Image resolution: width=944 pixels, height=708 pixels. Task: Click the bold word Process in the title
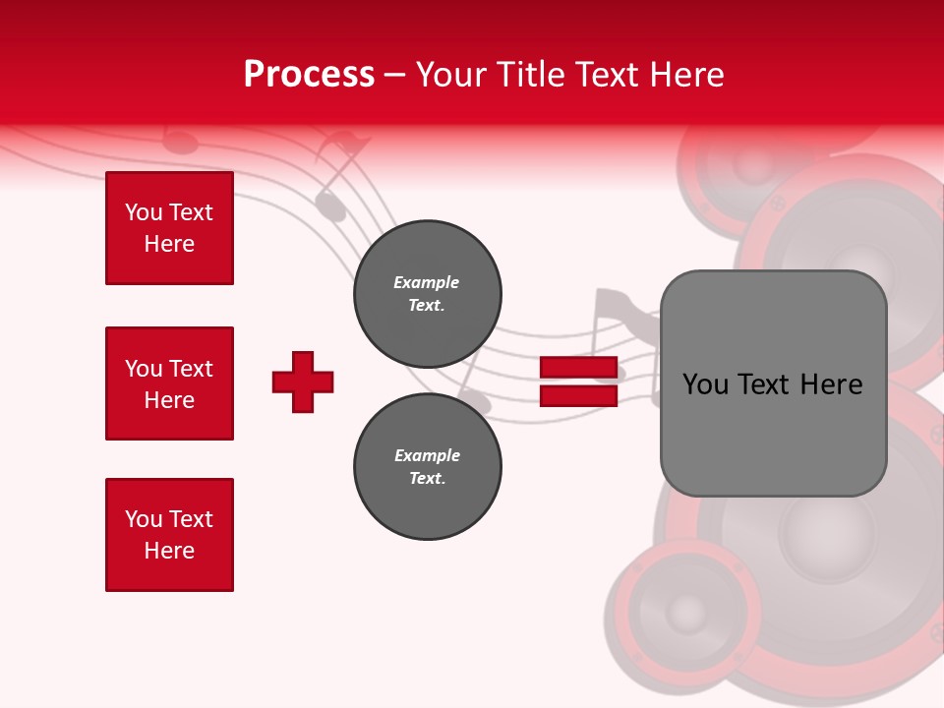[309, 75]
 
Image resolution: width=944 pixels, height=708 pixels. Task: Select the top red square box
[169, 228]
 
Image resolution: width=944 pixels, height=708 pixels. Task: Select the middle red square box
[169, 383]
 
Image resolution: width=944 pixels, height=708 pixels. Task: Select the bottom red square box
[169, 535]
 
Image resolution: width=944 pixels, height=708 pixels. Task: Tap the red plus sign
[303, 382]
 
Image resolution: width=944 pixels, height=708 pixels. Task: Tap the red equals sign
[579, 382]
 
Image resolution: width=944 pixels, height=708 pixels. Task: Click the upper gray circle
[427, 294]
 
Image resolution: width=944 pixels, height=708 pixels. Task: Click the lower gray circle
[427, 467]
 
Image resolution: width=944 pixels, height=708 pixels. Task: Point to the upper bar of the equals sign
[579, 368]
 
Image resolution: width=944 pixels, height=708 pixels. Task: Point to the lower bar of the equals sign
[579, 395]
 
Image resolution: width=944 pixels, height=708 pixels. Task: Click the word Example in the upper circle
[426, 282]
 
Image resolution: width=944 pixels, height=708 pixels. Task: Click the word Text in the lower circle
[426, 479]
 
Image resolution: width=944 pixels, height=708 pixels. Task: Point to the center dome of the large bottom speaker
[826, 531]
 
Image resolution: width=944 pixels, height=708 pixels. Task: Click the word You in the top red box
[144, 212]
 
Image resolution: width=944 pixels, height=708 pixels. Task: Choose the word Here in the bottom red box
[169, 551]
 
